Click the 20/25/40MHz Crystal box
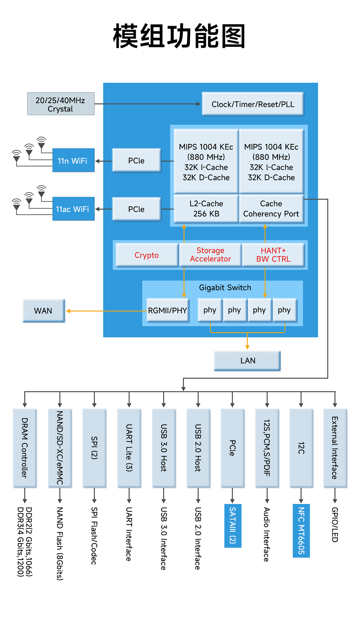point(60,104)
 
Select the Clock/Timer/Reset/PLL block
point(253,104)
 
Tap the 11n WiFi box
point(73,160)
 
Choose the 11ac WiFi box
point(73,209)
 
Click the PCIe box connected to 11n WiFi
point(136,160)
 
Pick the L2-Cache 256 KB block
point(206,209)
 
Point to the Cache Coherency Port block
point(271,209)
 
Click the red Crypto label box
point(147,255)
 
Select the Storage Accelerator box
point(210,255)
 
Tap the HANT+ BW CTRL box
point(273,255)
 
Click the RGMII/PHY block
point(168,310)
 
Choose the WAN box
point(44,311)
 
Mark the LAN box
point(247,360)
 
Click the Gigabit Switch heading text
point(225,287)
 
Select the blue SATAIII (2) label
point(233,526)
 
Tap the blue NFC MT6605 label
point(301,531)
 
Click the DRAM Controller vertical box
point(24,448)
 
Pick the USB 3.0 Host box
point(164,448)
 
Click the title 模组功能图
point(179,36)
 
